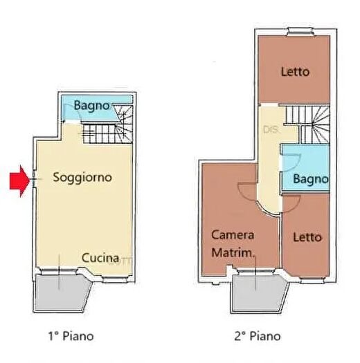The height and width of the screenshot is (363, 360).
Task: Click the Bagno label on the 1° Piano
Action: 91,106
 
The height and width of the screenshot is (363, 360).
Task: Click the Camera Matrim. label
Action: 233,242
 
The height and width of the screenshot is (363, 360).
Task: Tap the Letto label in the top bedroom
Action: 295,71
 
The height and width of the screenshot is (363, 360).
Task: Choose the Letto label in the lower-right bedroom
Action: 307,236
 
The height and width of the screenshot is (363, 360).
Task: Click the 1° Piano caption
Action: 71,337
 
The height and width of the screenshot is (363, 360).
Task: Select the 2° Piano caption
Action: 257,337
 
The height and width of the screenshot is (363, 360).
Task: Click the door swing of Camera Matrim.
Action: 246,190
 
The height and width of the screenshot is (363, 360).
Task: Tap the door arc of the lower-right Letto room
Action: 289,203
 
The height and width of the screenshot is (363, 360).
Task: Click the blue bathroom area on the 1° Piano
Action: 73,108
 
